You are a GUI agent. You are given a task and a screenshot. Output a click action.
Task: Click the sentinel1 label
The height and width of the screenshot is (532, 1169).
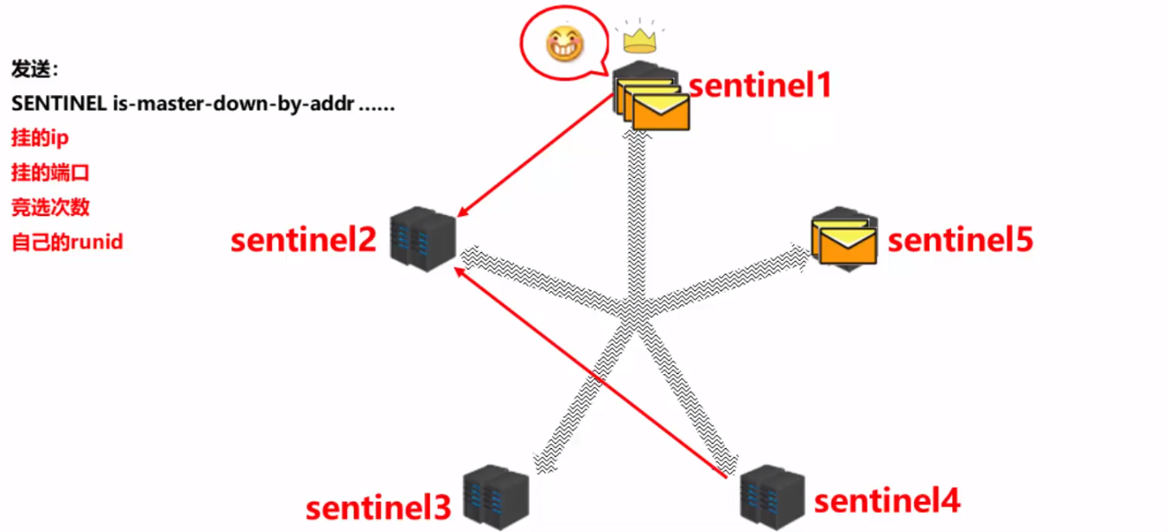(759, 85)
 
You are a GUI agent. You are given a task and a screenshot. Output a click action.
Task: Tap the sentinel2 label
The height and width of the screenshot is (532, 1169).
(303, 239)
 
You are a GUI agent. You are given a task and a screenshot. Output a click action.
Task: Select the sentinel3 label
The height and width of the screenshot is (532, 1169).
(378, 508)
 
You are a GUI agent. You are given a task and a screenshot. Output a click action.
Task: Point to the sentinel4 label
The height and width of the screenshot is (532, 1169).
(887, 501)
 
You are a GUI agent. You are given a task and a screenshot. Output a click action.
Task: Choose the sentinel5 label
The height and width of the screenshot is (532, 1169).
(960, 240)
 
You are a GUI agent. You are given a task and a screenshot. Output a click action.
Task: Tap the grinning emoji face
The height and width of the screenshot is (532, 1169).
(565, 43)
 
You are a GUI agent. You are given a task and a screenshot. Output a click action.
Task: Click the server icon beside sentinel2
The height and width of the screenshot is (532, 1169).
(422, 239)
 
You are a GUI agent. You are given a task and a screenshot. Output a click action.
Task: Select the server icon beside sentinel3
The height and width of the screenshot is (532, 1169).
(496, 497)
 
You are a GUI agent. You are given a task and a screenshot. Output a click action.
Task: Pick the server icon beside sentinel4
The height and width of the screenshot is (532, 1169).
(772, 497)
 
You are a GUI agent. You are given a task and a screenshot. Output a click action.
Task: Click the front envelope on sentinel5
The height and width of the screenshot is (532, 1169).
(848, 246)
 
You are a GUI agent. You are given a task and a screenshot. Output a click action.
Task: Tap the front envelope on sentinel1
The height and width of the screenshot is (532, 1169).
(661, 112)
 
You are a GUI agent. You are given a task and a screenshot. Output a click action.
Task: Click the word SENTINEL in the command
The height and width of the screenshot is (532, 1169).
(59, 104)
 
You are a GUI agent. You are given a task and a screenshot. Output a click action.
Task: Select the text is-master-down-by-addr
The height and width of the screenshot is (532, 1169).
(234, 104)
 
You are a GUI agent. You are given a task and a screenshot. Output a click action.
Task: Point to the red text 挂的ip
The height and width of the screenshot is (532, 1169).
(40, 137)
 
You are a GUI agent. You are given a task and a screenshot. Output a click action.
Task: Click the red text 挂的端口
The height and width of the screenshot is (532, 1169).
(51, 173)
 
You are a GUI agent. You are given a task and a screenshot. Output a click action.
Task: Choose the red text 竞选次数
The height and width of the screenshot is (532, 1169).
(51, 207)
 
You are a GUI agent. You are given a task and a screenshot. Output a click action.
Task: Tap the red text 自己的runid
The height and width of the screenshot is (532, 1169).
(67, 242)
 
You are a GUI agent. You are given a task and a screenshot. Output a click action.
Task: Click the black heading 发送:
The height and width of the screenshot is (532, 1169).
(35, 69)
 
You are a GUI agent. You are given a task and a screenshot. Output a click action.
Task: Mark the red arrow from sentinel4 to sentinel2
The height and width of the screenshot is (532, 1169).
(590, 372)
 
